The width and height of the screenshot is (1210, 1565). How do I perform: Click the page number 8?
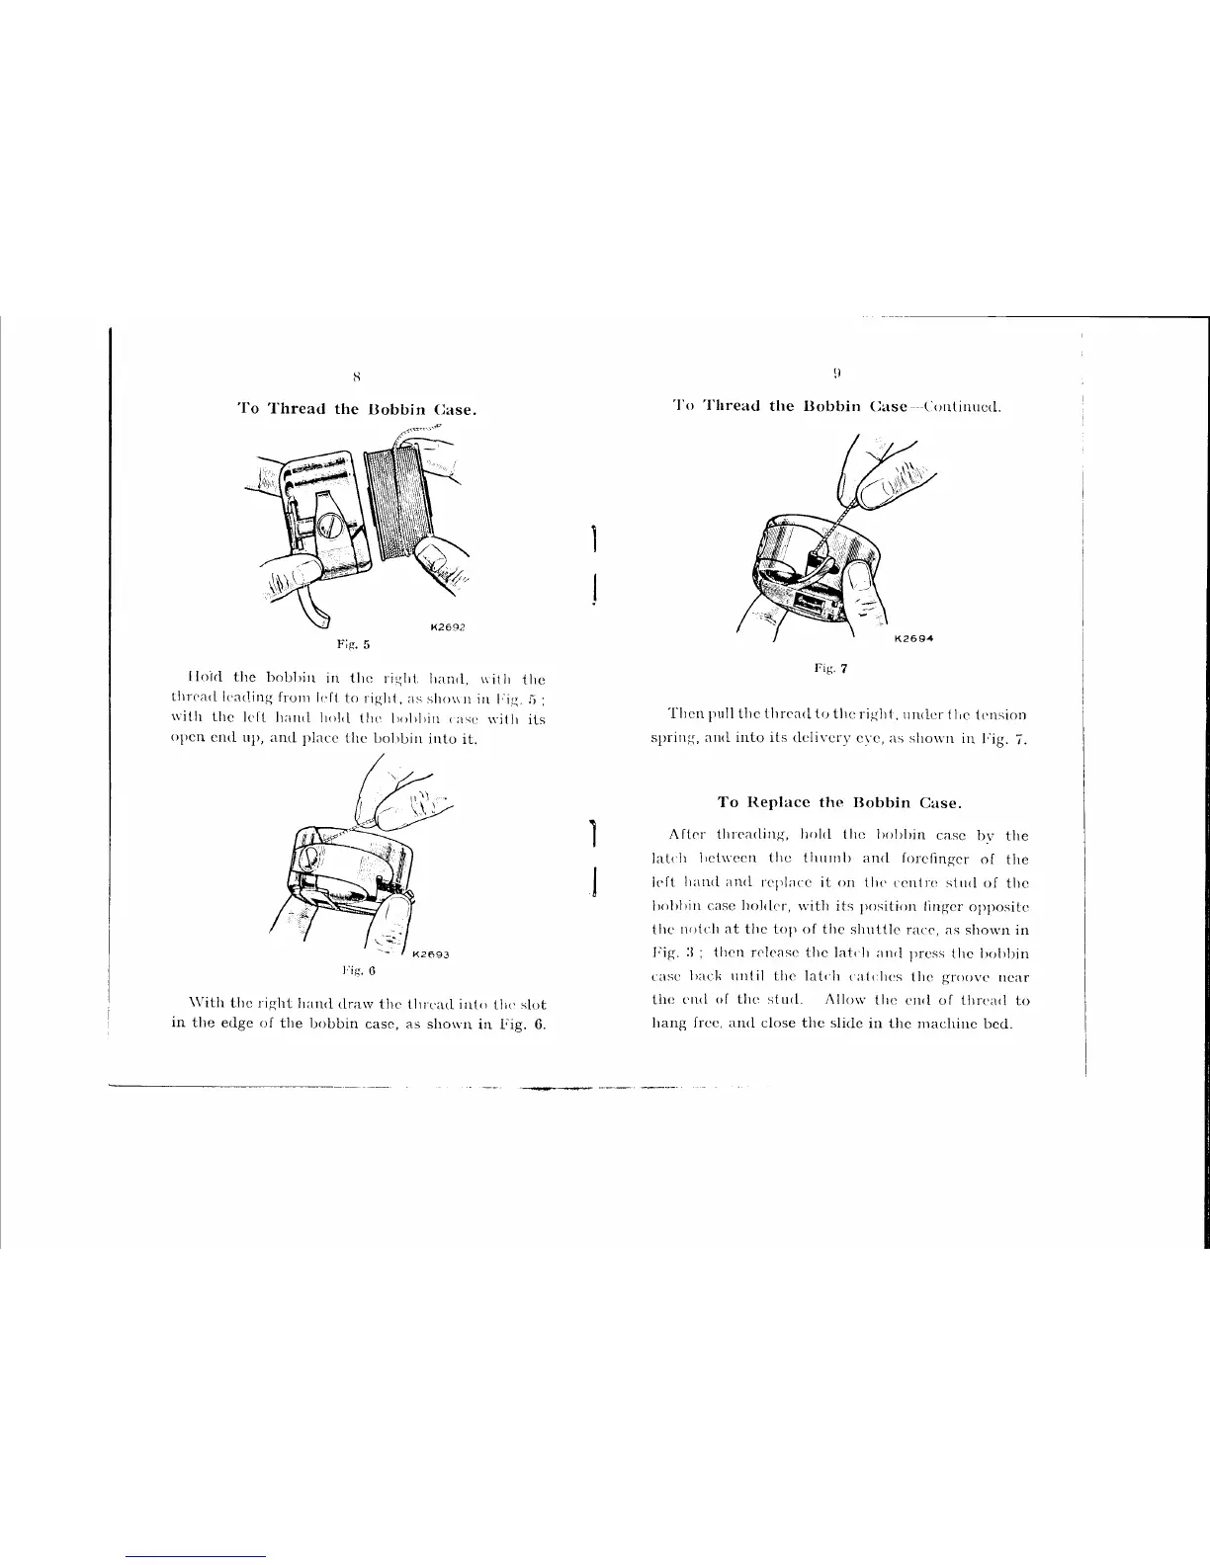click(357, 375)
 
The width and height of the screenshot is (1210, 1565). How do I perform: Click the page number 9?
click(836, 373)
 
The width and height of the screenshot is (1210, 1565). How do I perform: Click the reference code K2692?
click(447, 626)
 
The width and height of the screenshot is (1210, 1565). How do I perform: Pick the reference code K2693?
click(431, 954)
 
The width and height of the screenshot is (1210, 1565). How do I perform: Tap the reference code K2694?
click(914, 638)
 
